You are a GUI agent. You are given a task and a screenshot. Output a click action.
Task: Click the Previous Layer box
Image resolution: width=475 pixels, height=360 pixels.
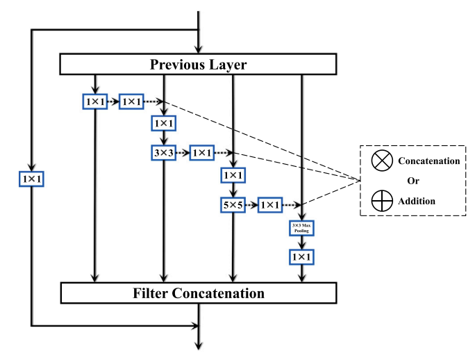click(199, 65)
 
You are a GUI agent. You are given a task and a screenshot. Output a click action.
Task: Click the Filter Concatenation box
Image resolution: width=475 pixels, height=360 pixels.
click(199, 293)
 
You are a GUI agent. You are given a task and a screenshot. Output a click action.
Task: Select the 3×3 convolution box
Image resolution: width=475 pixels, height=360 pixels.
click(163, 152)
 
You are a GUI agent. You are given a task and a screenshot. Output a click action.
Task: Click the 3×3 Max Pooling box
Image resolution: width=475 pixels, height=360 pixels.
click(301, 228)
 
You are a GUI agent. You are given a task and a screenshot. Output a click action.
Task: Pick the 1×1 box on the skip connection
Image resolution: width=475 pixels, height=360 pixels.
click(31, 179)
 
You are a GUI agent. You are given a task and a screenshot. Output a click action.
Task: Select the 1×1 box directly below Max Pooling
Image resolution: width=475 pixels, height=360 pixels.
click(301, 257)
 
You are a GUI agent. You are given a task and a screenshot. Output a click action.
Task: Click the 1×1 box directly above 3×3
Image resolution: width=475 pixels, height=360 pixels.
click(163, 124)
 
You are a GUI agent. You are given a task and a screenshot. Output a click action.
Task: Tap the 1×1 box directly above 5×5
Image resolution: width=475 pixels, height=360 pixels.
click(232, 175)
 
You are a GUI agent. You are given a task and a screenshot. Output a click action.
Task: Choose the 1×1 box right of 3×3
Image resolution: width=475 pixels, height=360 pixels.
click(201, 152)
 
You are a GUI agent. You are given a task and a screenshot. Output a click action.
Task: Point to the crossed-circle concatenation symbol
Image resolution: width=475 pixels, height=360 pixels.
click(381, 161)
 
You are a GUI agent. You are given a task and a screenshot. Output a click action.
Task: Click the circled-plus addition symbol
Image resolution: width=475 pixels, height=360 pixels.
click(381, 201)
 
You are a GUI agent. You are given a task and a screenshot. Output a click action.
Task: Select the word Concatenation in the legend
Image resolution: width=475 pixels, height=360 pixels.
click(428, 161)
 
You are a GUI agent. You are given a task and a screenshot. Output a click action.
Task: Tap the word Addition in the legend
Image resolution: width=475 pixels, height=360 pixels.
click(417, 201)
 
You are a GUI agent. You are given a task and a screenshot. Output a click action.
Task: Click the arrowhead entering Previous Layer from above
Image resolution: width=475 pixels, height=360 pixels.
click(199, 49)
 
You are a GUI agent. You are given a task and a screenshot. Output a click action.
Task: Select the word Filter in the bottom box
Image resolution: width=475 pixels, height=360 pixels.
click(151, 293)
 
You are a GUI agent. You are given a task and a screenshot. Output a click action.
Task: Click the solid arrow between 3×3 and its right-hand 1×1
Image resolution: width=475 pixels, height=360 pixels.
click(183, 152)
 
